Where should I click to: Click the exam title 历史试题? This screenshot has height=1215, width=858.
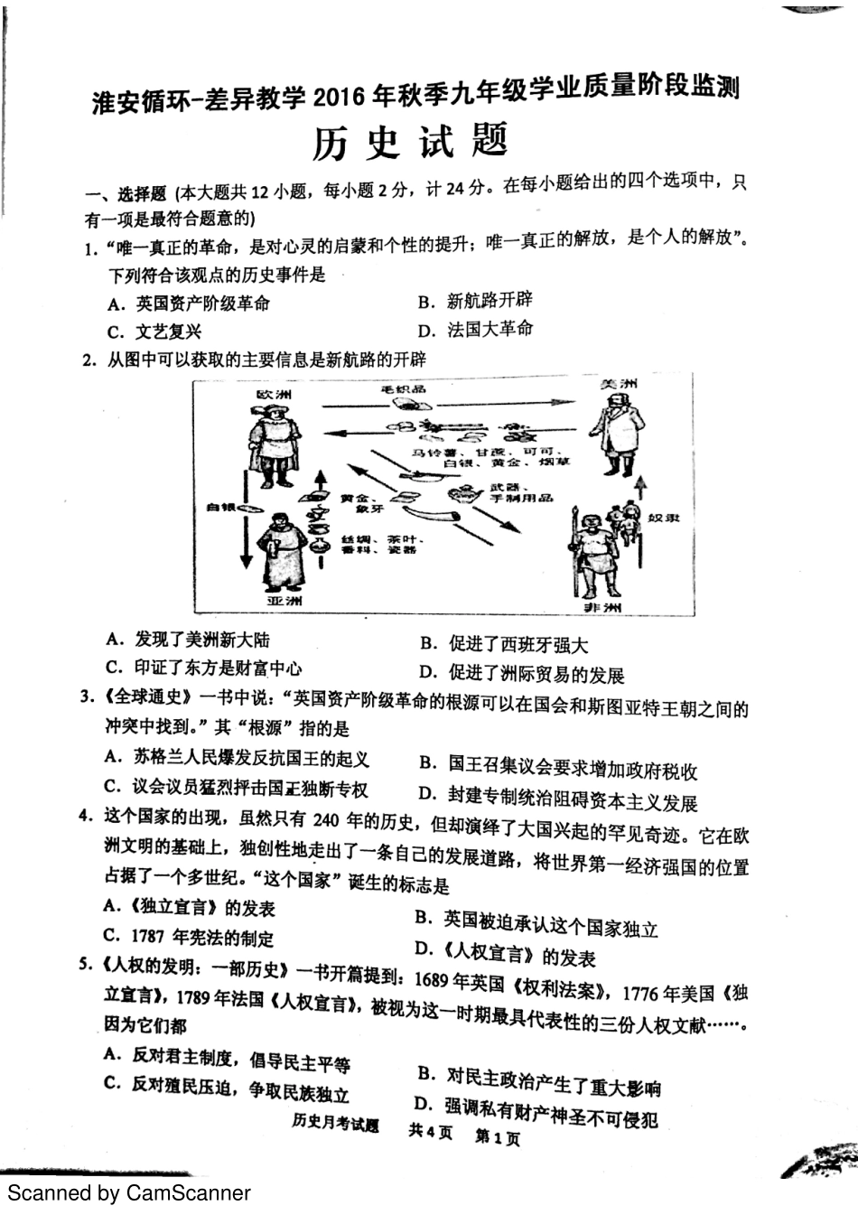[412, 141]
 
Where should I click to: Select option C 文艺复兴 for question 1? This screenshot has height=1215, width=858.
[154, 332]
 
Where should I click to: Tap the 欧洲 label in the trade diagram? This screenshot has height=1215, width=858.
[275, 395]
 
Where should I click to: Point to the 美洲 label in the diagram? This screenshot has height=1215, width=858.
[620, 384]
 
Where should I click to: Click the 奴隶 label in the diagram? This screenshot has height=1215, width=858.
[664, 518]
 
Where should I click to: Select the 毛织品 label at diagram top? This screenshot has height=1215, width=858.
[404, 389]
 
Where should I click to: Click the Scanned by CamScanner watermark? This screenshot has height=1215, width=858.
[129, 1193]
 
